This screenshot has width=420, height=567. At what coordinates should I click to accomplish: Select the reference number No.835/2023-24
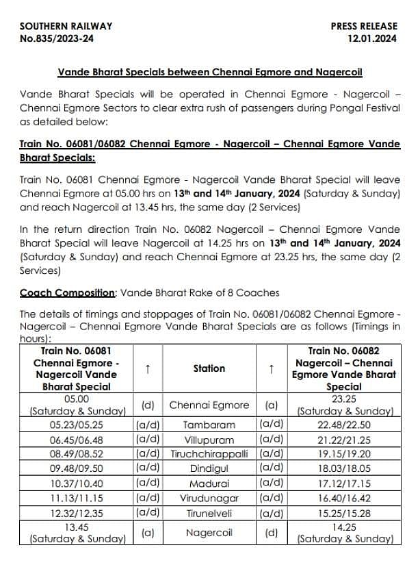pos(57,39)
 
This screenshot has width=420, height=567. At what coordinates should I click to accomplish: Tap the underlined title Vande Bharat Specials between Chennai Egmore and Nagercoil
pos(210,72)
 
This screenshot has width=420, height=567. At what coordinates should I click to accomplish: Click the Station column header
pos(209,368)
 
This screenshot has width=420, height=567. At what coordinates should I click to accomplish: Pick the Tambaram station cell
pos(209,425)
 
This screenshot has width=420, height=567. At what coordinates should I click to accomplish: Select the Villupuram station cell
pos(209,440)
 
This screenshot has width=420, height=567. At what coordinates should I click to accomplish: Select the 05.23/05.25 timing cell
pos(76,425)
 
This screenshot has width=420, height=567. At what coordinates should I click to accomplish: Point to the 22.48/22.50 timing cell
pos(345,425)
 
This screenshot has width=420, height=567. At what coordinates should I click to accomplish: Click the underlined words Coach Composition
pos(67,292)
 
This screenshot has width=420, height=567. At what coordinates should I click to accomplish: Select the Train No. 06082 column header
pos(345,368)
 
